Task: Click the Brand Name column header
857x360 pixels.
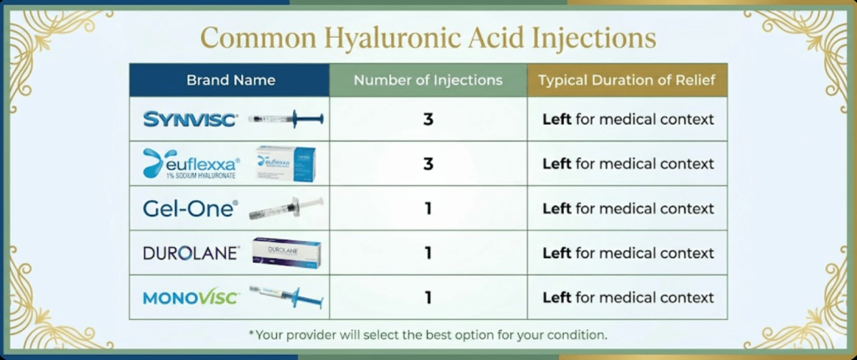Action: point(230,80)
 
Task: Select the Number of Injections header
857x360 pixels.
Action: point(428,80)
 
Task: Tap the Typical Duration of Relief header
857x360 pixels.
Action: point(627,80)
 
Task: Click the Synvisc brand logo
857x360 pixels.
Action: point(191,120)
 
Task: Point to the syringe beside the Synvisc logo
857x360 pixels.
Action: point(285,119)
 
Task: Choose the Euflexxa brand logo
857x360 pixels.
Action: point(192,163)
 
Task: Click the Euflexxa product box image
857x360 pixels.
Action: point(285,163)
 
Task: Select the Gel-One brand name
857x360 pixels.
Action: point(190,208)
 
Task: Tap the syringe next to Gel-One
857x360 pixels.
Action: point(285,208)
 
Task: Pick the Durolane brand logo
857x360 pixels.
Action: point(192,253)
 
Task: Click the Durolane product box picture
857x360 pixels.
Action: point(285,253)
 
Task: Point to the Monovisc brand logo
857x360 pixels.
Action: point(192,297)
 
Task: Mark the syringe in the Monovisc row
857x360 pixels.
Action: point(285,296)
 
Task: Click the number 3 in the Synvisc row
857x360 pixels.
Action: point(428,120)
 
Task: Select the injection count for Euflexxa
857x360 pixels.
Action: point(428,164)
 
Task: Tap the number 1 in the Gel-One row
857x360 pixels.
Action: point(428,208)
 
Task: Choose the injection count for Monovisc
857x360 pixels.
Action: point(428,297)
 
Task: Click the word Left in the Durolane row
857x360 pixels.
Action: point(557,253)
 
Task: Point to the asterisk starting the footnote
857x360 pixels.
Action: point(251,334)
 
